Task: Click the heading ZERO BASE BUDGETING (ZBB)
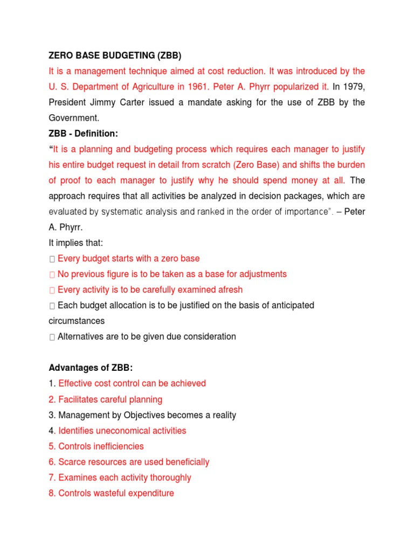click(x=115, y=56)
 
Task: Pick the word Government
click(x=74, y=118)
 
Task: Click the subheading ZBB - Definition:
click(x=83, y=133)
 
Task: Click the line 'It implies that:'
click(x=75, y=243)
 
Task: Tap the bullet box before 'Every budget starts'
click(x=52, y=259)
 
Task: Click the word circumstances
click(x=77, y=321)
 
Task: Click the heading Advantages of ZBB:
click(x=90, y=368)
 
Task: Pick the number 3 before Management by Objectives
click(x=51, y=415)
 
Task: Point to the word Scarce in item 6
click(x=72, y=462)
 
